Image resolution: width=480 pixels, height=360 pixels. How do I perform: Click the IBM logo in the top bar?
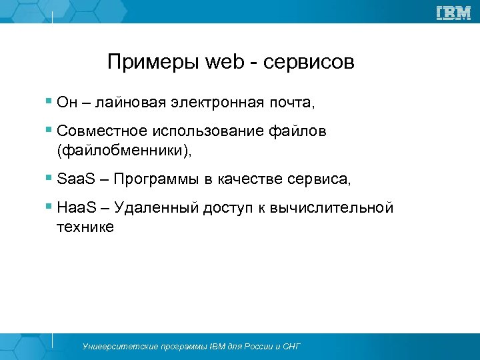point(453,12)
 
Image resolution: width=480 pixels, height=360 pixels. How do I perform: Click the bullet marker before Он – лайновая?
point(49,103)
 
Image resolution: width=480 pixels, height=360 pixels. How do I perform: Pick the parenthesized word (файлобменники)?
point(124,151)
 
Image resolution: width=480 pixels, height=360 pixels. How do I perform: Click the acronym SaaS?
point(73,179)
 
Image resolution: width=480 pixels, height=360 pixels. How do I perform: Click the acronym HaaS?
point(73,208)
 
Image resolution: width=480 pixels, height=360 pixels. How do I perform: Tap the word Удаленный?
point(157,208)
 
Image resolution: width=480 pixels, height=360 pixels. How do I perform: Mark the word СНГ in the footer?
point(290,347)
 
